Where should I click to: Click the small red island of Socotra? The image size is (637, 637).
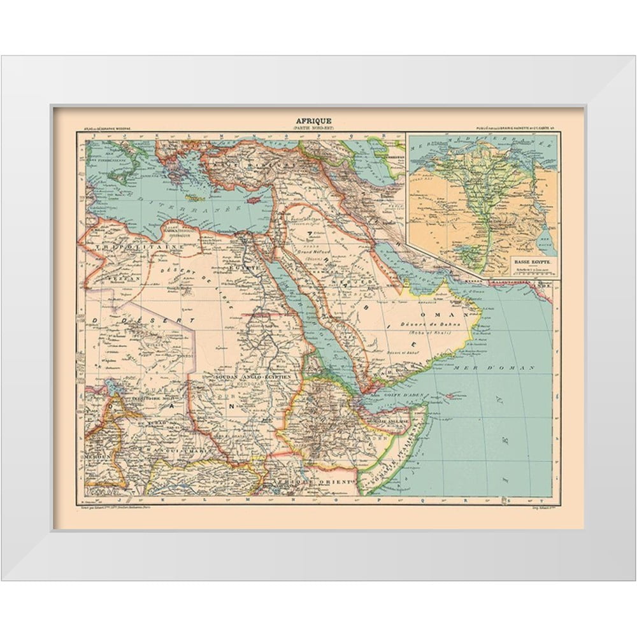[454, 396]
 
